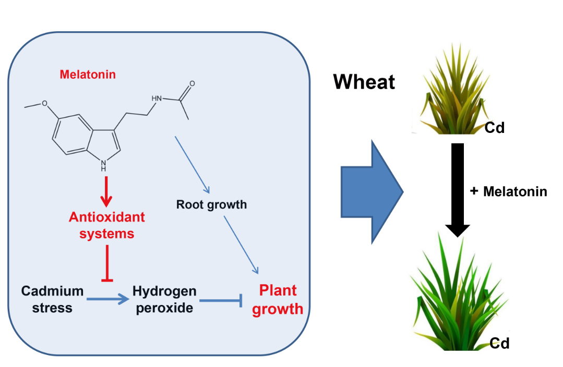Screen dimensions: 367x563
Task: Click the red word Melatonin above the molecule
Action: (88, 75)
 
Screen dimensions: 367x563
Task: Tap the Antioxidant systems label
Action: (106, 225)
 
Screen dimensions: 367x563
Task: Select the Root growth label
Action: (211, 204)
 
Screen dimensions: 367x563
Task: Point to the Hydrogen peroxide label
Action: (164, 299)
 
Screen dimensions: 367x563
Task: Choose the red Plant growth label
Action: (277, 299)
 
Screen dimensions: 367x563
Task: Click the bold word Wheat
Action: (364, 82)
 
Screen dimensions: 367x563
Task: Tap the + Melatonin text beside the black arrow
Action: (508, 191)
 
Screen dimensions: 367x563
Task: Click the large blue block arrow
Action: (371, 192)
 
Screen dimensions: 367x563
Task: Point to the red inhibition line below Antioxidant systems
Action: (107, 263)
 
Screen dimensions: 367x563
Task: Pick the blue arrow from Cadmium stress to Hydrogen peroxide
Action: (107, 299)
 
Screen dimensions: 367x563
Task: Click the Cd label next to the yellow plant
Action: (495, 127)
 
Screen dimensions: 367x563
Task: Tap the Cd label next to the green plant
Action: (499, 342)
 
